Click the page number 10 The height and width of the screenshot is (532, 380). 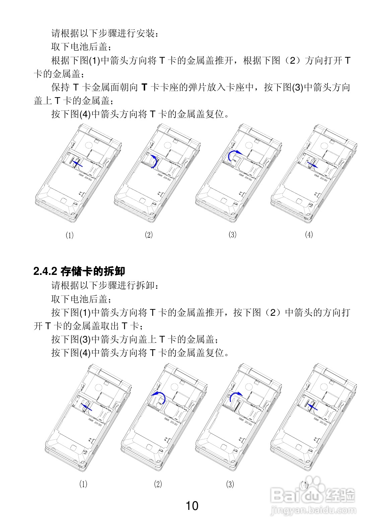click(x=192, y=506)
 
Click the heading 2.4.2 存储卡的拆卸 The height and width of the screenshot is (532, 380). click(x=79, y=271)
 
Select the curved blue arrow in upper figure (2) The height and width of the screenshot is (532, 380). click(x=154, y=161)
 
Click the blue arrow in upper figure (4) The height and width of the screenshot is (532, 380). click(x=314, y=164)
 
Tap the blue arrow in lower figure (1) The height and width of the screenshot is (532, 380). click(x=86, y=406)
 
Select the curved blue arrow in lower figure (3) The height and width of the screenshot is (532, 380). click(x=235, y=396)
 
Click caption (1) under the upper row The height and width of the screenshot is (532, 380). click(x=69, y=235)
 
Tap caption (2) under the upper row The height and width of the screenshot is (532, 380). click(x=148, y=235)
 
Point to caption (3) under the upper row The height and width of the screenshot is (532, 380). click(x=232, y=235)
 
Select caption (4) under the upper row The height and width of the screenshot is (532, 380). click(x=309, y=235)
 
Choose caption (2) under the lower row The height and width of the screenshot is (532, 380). click(x=158, y=484)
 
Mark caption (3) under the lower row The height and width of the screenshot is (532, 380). click(x=230, y=484)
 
